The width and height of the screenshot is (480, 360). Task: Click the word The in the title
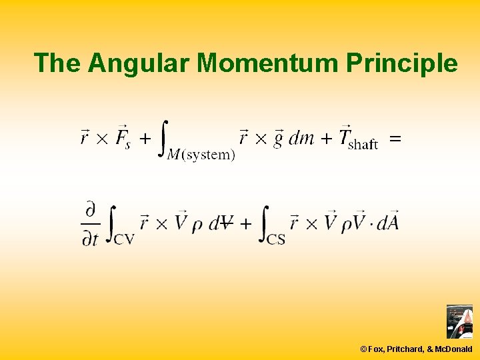58,63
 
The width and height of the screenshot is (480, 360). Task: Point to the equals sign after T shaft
395,139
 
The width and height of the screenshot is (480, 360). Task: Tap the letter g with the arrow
277,139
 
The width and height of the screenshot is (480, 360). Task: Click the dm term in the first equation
301,139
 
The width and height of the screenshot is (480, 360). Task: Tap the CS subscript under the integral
276,238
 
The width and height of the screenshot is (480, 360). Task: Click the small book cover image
459,322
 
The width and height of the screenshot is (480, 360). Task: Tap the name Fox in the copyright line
377,349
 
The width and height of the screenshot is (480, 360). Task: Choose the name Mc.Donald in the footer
453,349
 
